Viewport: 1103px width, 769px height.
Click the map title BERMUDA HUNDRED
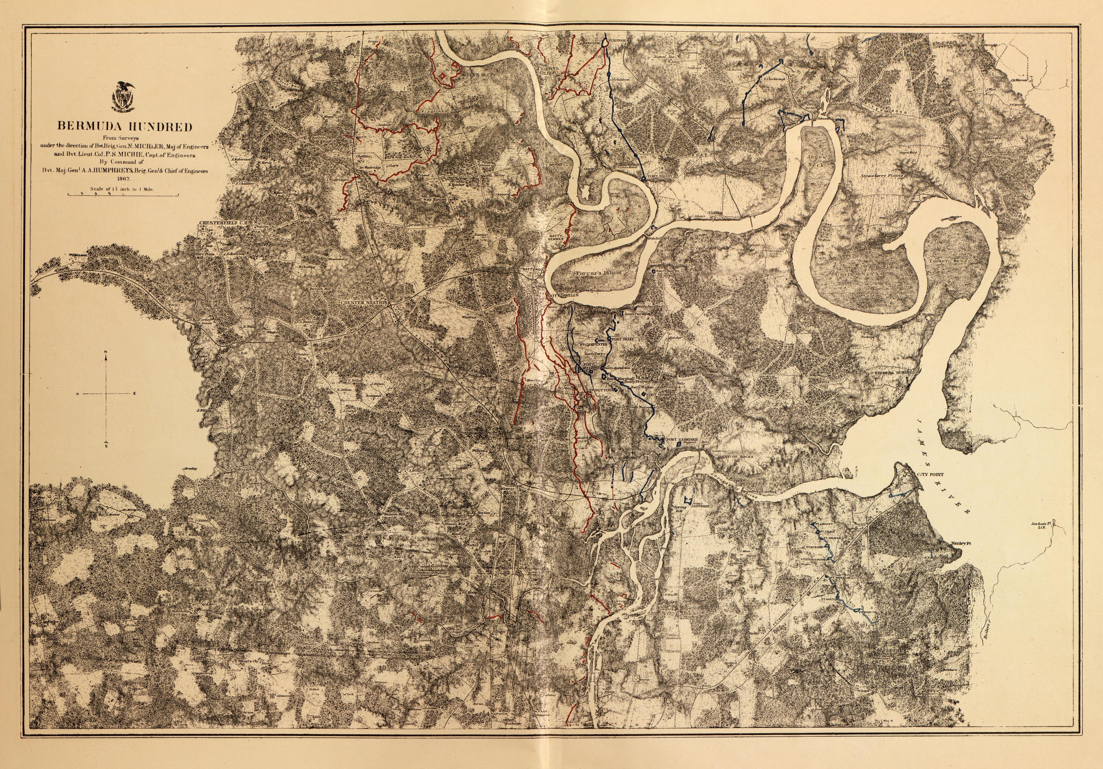click(x=125, y=127)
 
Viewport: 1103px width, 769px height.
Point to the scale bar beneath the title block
click(x=122, y=195)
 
